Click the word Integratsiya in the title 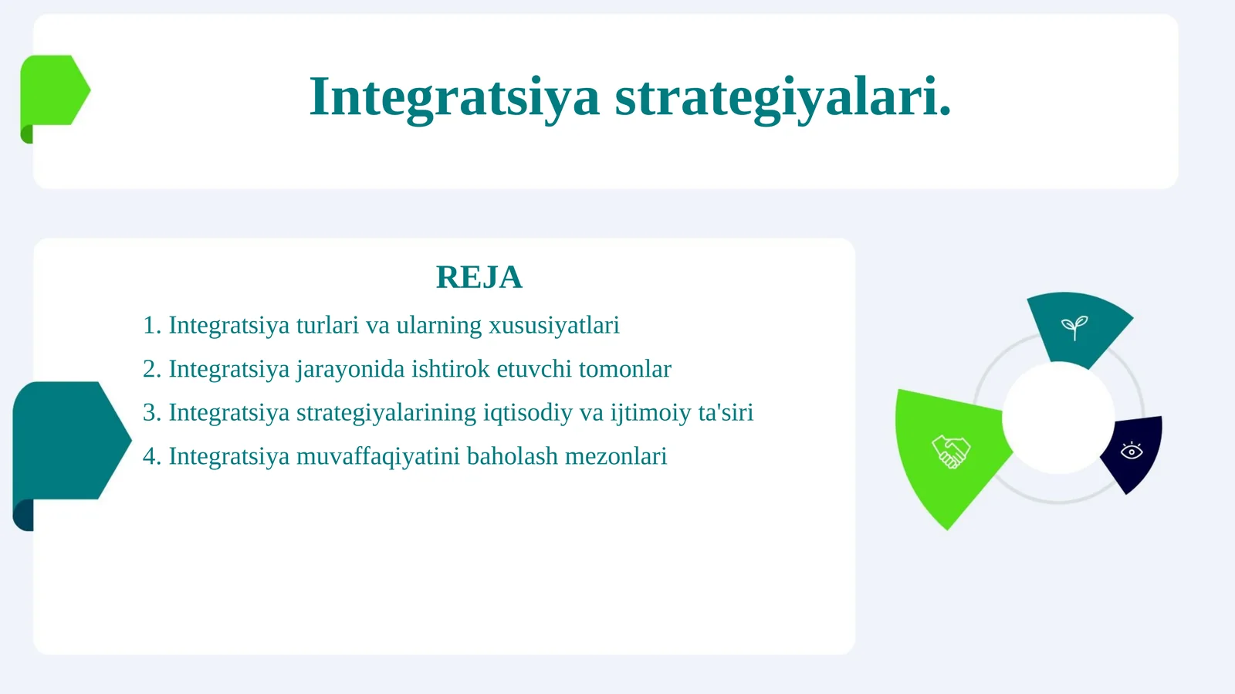click(x=454, y=97)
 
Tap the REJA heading click(x=479, y=277)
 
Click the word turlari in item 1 click(x=327, y=325)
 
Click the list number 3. click(x=151, y=413)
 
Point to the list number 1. click(x=151, y=325)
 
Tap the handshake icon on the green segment click(x=950, y=452)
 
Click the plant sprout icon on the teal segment click(x=1074, y=327)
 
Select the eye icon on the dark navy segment click(x=1132, y=451)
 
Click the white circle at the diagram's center click(x=1058, y=418)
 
